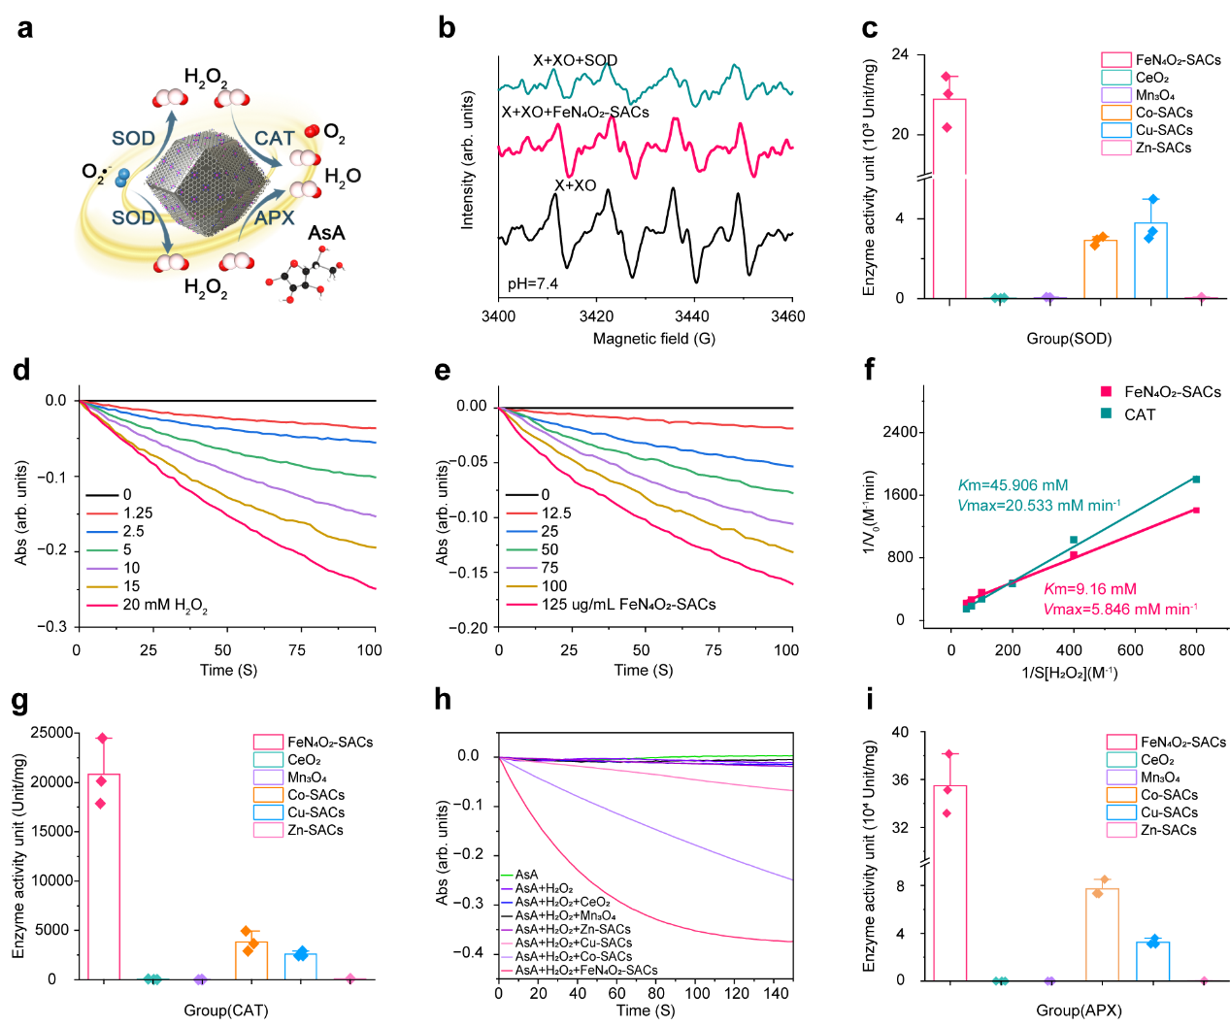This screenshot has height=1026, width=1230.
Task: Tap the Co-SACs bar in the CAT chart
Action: pos(251,960)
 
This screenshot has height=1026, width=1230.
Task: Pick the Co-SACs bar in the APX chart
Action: pos(1102,933)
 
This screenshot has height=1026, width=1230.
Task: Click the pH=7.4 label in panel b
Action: pos(533,283)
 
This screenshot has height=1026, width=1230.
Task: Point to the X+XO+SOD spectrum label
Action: pos(575,60)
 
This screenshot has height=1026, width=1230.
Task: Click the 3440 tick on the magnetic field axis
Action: pos(692,316)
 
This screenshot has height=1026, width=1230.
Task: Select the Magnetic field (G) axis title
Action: pos(653,339)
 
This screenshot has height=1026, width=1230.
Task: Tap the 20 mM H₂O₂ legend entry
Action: pos(164,605)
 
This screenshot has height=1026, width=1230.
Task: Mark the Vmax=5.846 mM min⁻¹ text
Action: pos(1120,610)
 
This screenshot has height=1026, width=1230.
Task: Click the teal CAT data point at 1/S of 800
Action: pos(1196,480)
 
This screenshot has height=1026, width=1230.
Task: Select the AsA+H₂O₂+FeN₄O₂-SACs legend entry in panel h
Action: pos(585,970)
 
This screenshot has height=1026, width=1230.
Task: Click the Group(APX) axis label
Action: pos(1079,1010)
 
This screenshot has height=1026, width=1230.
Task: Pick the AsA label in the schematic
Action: pos(326,233)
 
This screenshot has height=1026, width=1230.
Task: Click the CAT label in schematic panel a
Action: pos(274,139)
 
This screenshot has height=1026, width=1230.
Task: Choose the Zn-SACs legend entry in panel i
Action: pos(1168,830)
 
